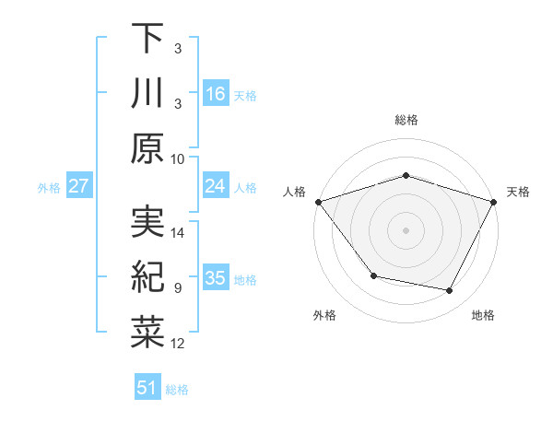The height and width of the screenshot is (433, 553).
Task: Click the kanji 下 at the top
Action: coord(147,38)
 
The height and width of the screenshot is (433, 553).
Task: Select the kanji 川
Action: coord(147,93)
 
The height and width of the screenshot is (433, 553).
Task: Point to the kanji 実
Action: coord(147,221)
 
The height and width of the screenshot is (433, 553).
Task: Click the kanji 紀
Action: coord(147,276)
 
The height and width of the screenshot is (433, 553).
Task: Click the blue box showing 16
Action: coord(216,93)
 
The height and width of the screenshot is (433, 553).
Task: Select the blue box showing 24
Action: coord(216,186)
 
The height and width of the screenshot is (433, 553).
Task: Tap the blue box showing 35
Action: coord(216,278)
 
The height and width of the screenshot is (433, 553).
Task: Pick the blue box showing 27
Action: coord(79,186)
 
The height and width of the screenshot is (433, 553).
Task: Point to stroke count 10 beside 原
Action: coord(178,158)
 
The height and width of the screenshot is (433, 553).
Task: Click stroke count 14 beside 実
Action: coord(178,232)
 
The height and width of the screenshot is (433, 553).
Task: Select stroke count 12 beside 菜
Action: coord(178,344)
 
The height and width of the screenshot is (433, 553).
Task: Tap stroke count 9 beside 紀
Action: coord(178,288)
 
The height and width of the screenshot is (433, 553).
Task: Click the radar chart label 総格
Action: coord(406,120)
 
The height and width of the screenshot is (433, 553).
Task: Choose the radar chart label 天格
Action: coord(518,192)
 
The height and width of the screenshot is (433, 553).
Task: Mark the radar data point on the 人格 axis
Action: coord(318,202)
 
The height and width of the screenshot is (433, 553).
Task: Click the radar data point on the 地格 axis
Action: coord(450,291)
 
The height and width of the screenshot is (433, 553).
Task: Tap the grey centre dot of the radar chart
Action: coord(406,230)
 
